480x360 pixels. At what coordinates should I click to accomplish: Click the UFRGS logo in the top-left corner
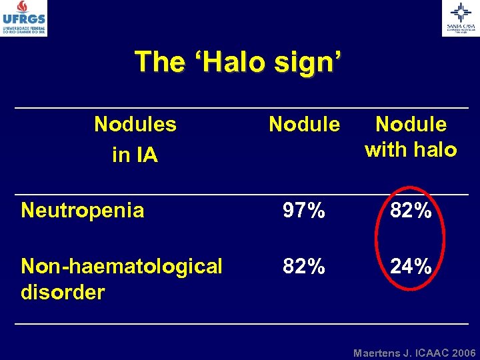24,18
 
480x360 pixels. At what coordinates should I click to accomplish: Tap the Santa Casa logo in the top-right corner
460,17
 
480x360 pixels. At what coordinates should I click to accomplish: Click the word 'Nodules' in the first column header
135,124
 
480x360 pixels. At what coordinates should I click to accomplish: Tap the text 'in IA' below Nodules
135,155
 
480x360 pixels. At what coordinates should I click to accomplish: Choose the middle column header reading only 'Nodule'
304,124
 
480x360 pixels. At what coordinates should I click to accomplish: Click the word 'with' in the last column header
386,150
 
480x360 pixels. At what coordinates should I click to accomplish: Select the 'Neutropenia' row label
83,211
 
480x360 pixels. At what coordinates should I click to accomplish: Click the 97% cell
304,211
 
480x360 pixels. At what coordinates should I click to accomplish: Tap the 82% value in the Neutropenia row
411,211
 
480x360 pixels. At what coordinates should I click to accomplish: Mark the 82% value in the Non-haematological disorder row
304,267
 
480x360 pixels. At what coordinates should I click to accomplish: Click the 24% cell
411,267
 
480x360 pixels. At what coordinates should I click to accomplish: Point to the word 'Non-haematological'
122,267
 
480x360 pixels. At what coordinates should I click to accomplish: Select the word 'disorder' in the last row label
63,292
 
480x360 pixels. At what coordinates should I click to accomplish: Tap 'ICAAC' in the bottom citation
429,352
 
